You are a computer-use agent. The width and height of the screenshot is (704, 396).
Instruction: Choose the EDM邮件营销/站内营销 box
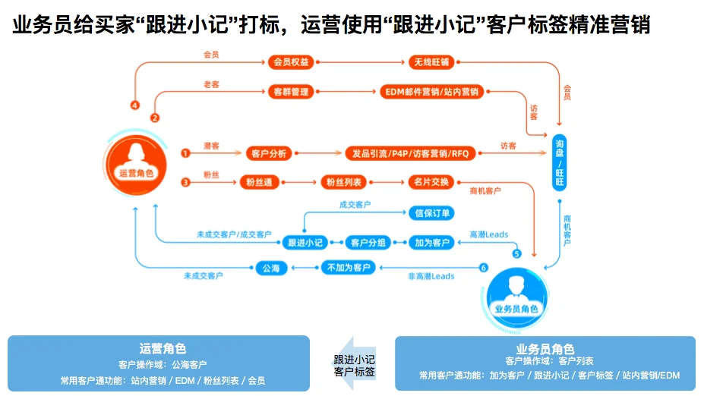(x=432, y=92)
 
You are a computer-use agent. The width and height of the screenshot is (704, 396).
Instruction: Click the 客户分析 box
(x=268, y=153)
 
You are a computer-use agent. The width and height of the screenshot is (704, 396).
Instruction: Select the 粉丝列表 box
(x=344, y=182)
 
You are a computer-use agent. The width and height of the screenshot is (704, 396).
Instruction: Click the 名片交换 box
(x=431, y=182)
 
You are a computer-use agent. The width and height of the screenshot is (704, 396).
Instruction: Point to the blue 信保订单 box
(x=431, y=212)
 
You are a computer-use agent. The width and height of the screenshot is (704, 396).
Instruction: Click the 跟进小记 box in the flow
(x=305, y=243)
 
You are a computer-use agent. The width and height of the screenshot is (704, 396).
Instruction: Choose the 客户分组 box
(x=368, y=243)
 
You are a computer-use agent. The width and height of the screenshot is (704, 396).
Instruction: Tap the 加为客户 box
(x=431, y=243)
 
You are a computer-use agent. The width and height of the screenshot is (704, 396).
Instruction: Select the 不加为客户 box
(x=348, y=268)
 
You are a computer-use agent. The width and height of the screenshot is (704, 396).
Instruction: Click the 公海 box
(x=271, y=268)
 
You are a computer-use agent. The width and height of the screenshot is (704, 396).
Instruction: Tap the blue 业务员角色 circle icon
(x=516, y=292)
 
